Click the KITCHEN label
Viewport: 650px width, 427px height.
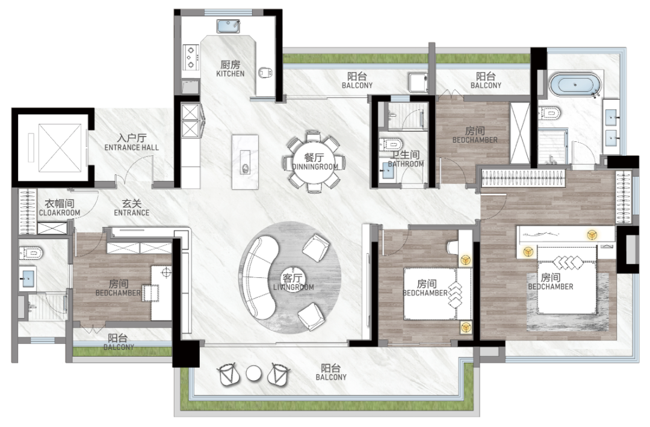[x=230, y=74]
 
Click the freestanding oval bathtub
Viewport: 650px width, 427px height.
[x=575, y=85]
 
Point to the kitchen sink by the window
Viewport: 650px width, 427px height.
[x=229, y=26]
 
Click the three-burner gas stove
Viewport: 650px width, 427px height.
[x=191, y=57]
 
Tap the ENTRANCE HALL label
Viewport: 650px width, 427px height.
[x=131, y=147]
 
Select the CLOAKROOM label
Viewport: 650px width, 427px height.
[x=59, y=212]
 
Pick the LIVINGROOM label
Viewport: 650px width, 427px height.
[x=294, y=287]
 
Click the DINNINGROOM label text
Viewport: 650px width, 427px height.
[x=315, y=167]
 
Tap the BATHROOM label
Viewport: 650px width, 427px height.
[x=406, y=164]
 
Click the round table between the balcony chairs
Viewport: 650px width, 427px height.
[x=254, y=373]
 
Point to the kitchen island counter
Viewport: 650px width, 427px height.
[x=245, y=162]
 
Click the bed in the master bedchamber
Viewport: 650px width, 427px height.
[x=567, y=280]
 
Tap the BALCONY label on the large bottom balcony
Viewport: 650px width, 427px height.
[x=331, y=377]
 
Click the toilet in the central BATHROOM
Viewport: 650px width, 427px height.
[x=391, y=144]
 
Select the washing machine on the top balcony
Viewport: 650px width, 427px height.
[x=418, y=83]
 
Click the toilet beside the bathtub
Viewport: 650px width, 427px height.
[x=549, y=112]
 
